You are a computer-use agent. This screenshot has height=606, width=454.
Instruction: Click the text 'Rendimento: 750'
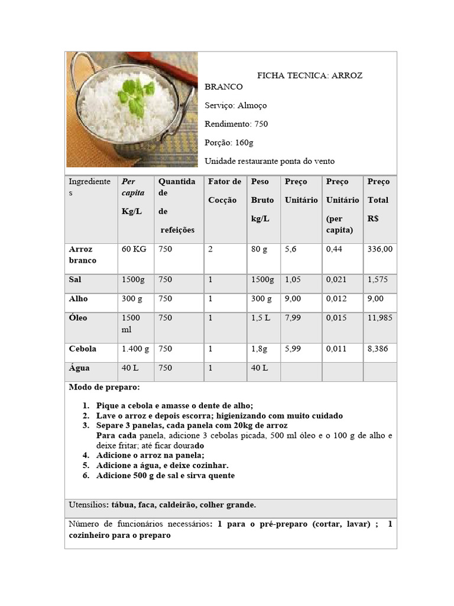pos(236,124)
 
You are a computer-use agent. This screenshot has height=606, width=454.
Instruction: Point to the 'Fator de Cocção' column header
pos(224,191)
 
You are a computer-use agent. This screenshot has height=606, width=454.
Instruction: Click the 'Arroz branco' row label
pos(82,255)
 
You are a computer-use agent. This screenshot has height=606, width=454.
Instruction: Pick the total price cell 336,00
pos(380,250)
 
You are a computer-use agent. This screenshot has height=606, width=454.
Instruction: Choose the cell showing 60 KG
pos(134,250)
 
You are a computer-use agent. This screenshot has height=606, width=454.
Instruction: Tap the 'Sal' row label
pos(75,279)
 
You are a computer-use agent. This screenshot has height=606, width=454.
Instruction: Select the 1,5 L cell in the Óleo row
pos(260,318)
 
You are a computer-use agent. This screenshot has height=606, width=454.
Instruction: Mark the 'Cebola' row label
pos(82,349)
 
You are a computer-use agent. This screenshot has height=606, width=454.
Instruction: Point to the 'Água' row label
pos(79,368)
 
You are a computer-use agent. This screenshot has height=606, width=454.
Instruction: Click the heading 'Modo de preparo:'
pos(105,387)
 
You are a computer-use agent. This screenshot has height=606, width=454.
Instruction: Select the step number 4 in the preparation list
pos(86,455)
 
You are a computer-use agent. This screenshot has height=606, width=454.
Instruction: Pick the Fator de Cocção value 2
pos(210,250)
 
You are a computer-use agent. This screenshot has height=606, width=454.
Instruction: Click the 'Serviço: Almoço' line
pos(235,105)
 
